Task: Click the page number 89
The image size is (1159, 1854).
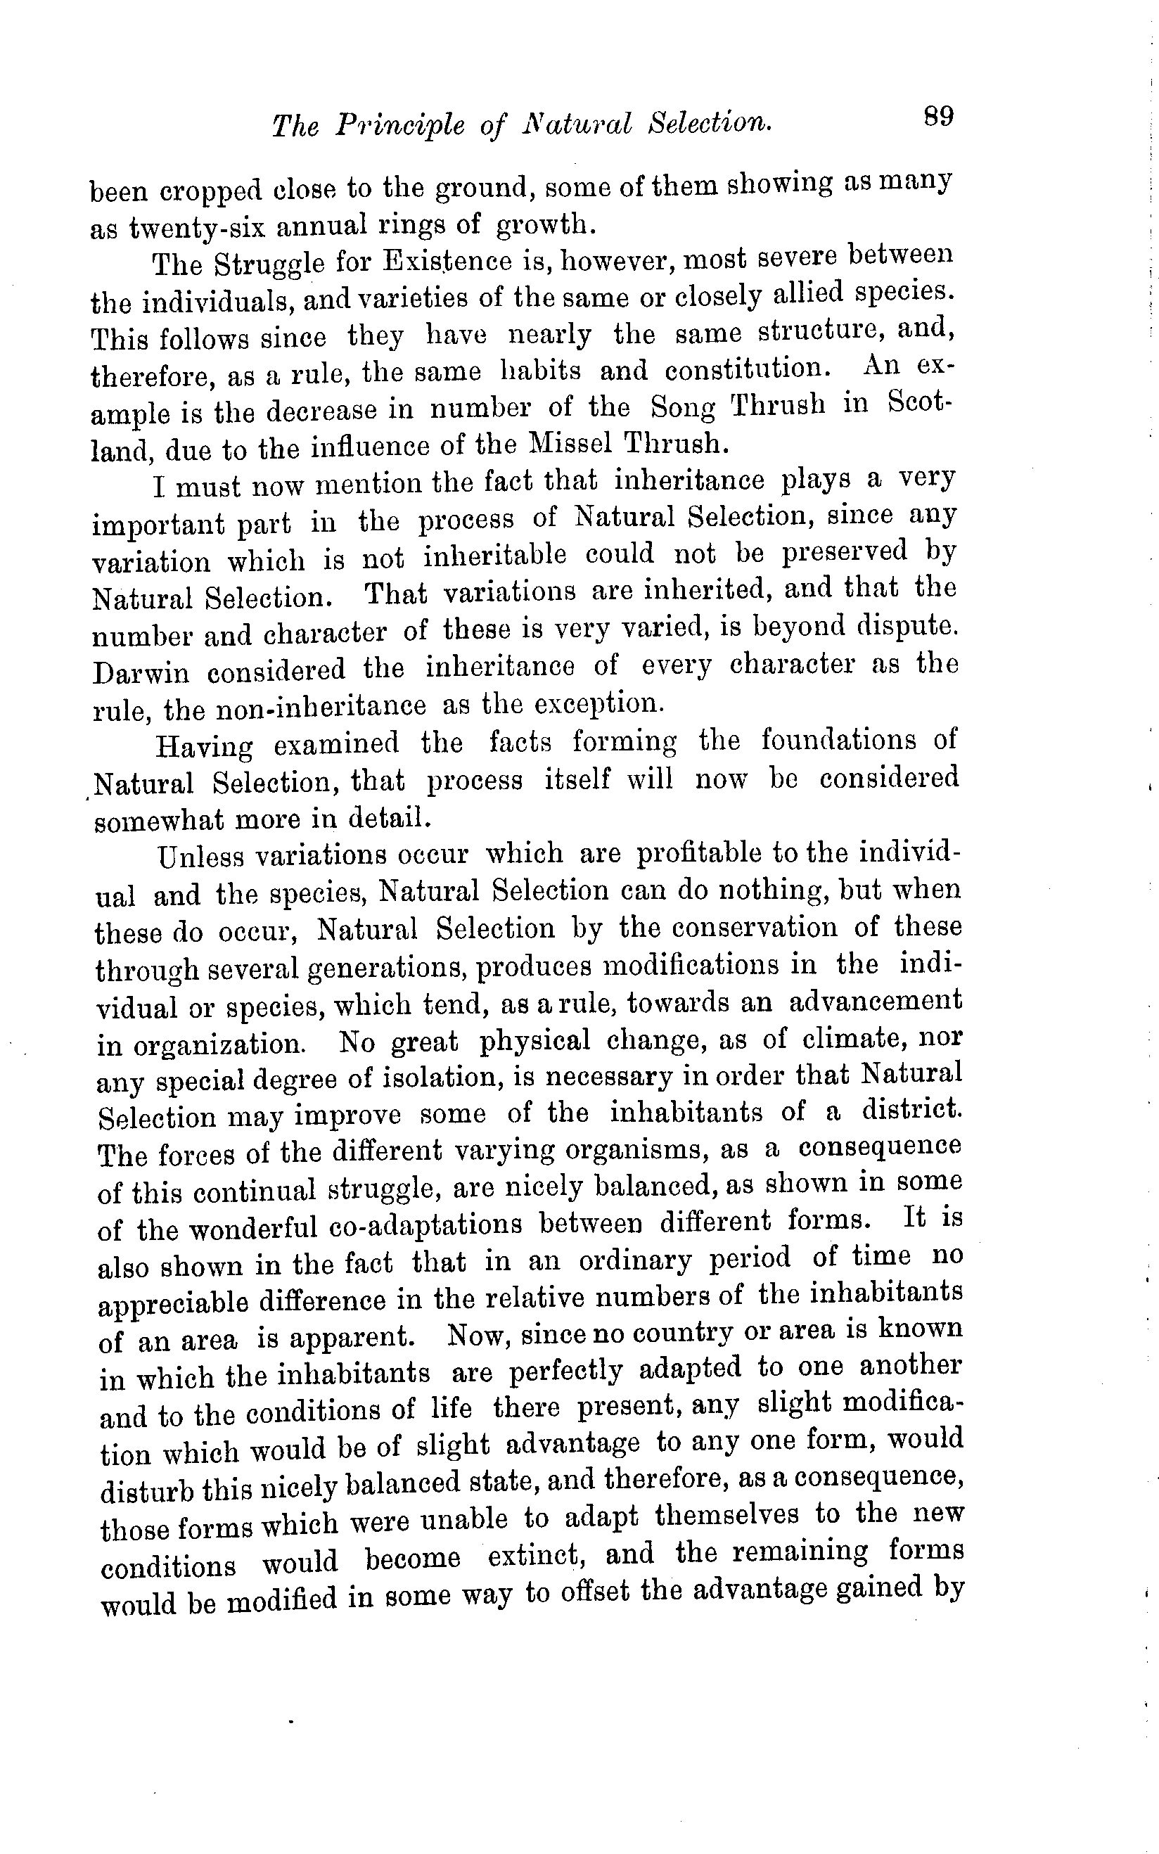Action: pyautogui.click(x=937, y=117)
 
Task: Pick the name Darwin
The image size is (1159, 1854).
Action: pyautogui.click(x=140, y=672)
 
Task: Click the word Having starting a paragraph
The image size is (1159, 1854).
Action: pyautogui.click(x=204, y=744)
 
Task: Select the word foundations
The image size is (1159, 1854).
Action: pyautogui.click(x=838, y=740)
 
